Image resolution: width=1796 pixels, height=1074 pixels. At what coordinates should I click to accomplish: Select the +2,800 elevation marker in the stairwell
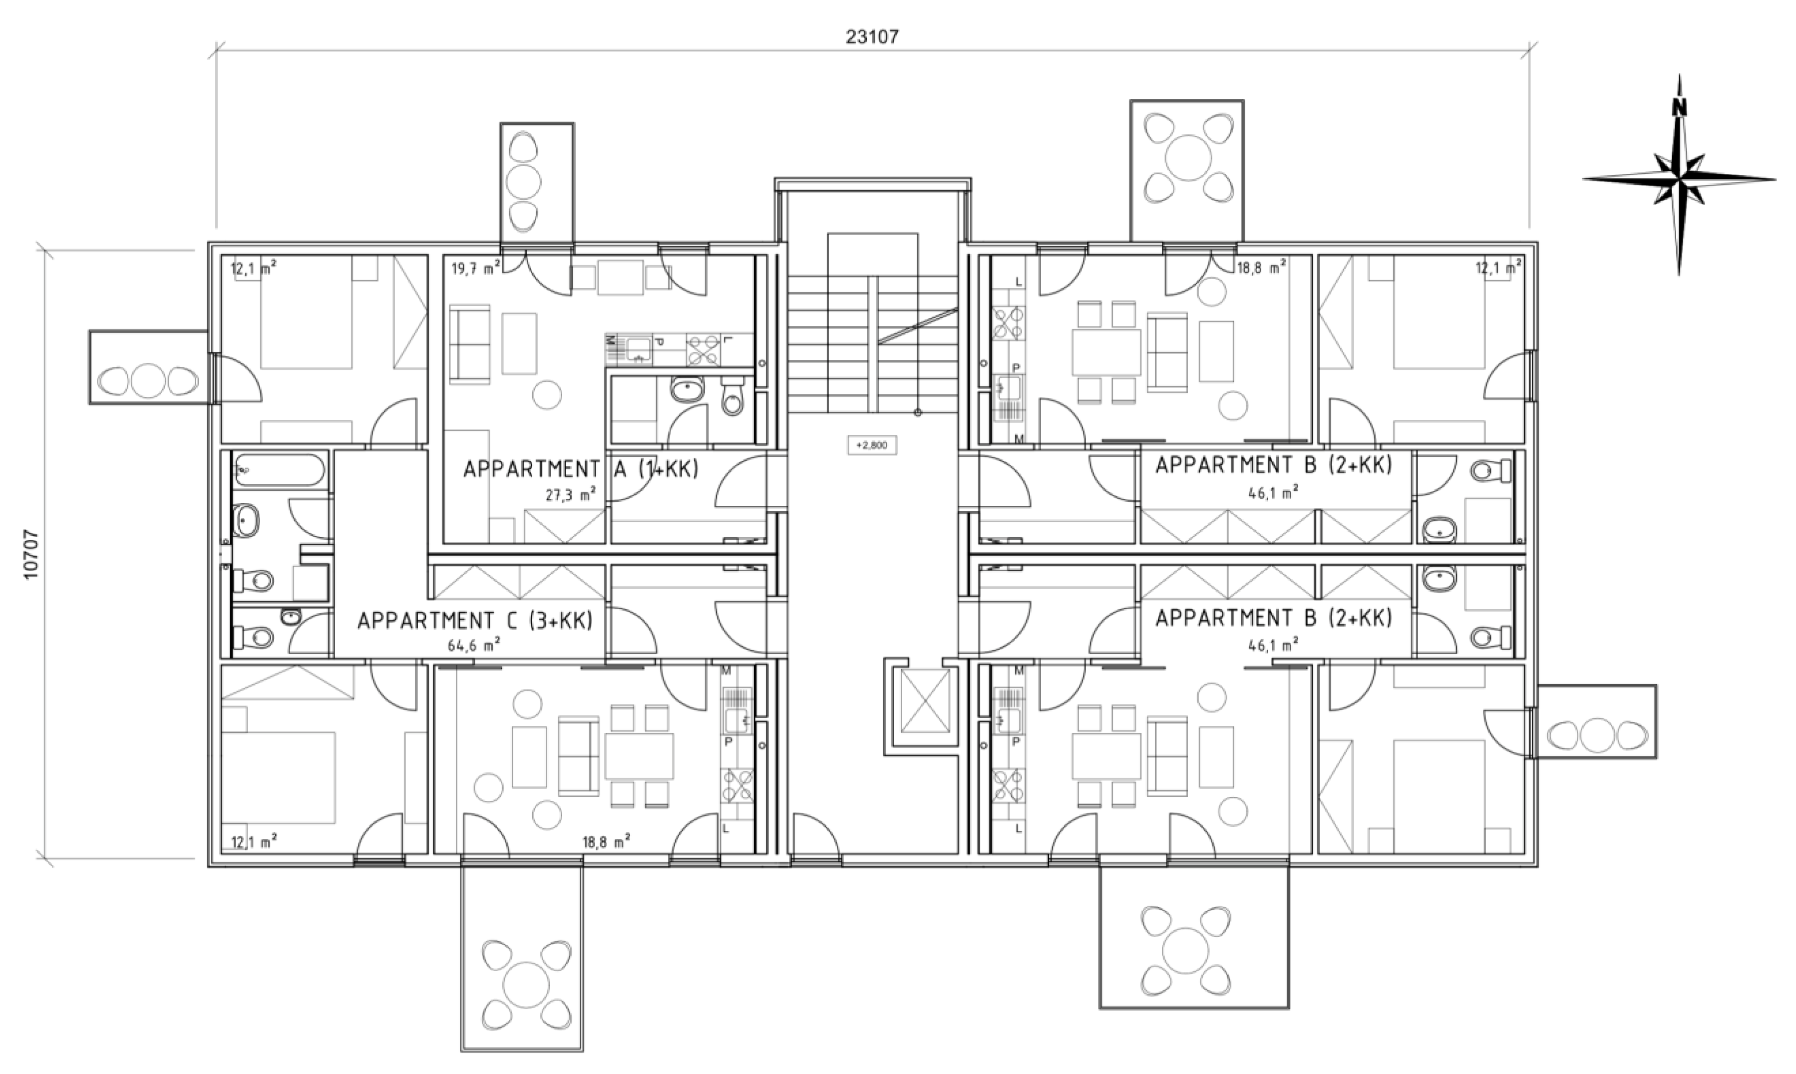(872, 445)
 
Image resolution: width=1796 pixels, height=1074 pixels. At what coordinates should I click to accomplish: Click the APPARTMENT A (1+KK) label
(580, 469)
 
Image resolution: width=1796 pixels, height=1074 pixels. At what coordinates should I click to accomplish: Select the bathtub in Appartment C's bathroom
(279, 470)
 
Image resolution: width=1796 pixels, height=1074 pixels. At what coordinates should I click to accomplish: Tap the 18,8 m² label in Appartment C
(606, 841)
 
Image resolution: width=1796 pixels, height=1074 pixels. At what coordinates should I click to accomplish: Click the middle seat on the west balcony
(148, 380)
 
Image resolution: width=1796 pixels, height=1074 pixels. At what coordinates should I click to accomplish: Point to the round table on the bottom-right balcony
(1186, 949)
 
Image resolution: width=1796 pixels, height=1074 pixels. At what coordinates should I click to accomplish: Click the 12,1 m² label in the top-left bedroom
(253, 269)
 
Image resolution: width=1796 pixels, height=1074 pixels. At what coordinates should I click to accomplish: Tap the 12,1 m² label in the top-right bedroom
(1498, 269)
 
